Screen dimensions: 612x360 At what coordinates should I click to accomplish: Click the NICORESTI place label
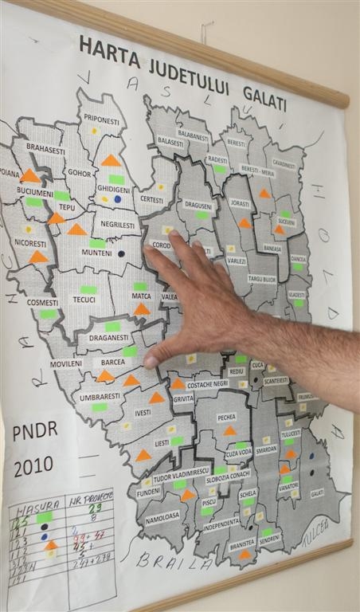point(31,242)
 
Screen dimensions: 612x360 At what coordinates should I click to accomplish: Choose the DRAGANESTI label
point(109,337)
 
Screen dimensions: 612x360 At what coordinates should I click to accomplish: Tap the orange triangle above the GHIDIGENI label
point(112,160)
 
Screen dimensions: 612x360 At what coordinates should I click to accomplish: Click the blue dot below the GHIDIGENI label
point(118,199)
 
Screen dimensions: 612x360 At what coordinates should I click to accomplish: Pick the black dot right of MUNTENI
point(121,253)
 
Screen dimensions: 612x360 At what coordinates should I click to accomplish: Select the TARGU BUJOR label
point(262,280)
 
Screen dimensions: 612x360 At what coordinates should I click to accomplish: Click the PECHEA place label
point(227,417)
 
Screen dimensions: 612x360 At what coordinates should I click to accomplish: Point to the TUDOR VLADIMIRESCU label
point(181,471)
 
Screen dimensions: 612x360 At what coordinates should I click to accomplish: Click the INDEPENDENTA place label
point(221,523)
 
